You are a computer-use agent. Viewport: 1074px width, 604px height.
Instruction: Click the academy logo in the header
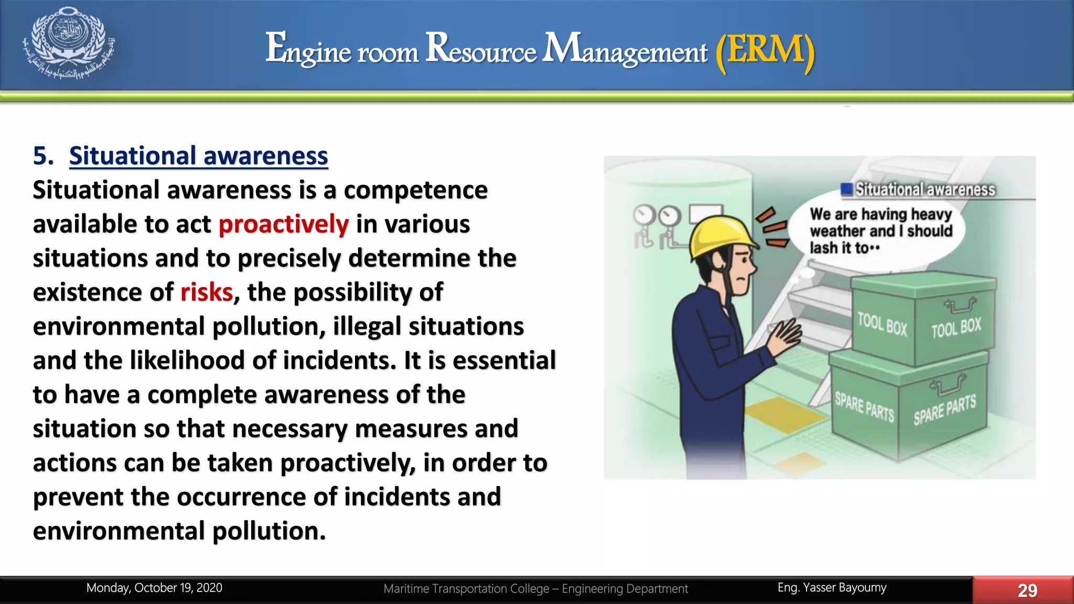69,43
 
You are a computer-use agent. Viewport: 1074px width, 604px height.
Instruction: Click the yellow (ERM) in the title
765,50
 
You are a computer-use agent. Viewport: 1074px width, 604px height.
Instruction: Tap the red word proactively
283,224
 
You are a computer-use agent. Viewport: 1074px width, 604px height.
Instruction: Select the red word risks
207,293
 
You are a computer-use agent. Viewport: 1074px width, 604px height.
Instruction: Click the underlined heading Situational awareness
198,156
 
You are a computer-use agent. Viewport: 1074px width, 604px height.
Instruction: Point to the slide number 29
1027,590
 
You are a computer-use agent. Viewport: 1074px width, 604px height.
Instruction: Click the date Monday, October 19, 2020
154,588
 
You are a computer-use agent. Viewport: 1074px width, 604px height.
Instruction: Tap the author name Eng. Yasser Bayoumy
832,588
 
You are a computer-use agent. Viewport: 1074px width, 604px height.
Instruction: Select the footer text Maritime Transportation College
466,589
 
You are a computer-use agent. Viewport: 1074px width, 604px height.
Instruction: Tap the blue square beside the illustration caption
846,189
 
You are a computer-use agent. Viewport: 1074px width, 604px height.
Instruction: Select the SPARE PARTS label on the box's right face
944,409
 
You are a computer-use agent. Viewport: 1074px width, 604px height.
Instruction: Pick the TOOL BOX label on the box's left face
882,324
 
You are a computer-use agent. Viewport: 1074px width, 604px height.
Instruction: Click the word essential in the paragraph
504,361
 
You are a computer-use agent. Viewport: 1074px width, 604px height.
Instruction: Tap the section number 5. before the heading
43,156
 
